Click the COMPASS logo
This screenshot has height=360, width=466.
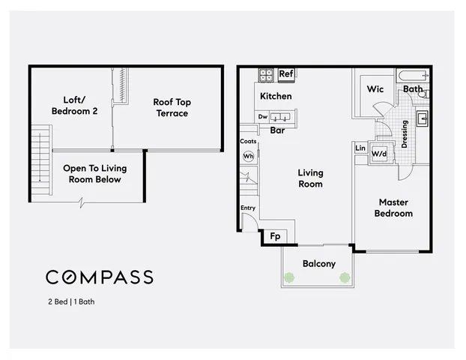coord(100,277)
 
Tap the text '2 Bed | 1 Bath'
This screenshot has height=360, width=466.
coord(70,303)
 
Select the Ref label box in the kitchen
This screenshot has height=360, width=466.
coord(285,74)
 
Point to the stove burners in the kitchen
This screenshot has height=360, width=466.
coord(266,75)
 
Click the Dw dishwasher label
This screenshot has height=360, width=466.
coord(263,117)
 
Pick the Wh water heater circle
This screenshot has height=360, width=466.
coord(248,156)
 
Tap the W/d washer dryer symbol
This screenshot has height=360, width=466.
coord(379,154)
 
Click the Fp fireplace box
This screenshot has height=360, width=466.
coord(275,236)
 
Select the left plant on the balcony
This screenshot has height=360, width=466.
coord(289,277)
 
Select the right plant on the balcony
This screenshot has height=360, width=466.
coord(345,277)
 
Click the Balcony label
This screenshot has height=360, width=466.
coord(318,264)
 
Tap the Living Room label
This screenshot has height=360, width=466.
coord(310,178)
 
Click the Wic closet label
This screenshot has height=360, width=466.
coord(375,89)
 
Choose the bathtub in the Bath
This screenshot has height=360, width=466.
coord(411,76)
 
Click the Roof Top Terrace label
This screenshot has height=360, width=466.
coord(170,107)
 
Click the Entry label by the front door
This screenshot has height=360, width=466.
coord(247,208)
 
